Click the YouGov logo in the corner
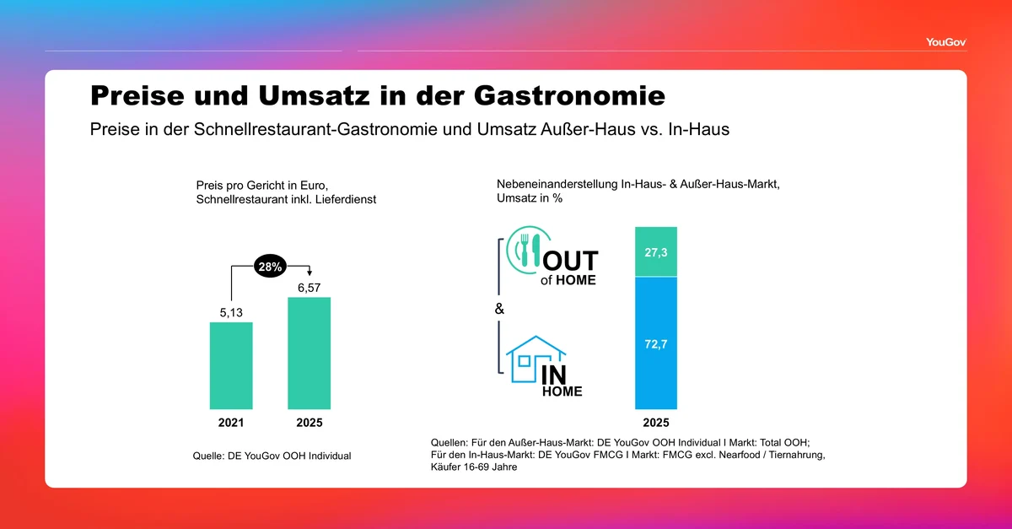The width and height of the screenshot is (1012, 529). (945, 40)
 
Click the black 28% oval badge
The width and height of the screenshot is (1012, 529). (271, 266)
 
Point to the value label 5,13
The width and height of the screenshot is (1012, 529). (231, 312)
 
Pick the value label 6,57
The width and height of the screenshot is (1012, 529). (309, 287)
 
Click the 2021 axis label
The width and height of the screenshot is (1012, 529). (231, 423)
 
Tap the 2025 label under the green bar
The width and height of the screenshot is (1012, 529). (309, 423)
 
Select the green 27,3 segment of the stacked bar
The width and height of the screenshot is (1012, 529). (656, 251)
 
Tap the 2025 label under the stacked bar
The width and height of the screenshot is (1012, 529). (656, 423)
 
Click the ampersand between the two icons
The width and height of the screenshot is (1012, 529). (499, 310)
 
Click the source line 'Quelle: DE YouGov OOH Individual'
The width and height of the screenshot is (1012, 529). (272, 456)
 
